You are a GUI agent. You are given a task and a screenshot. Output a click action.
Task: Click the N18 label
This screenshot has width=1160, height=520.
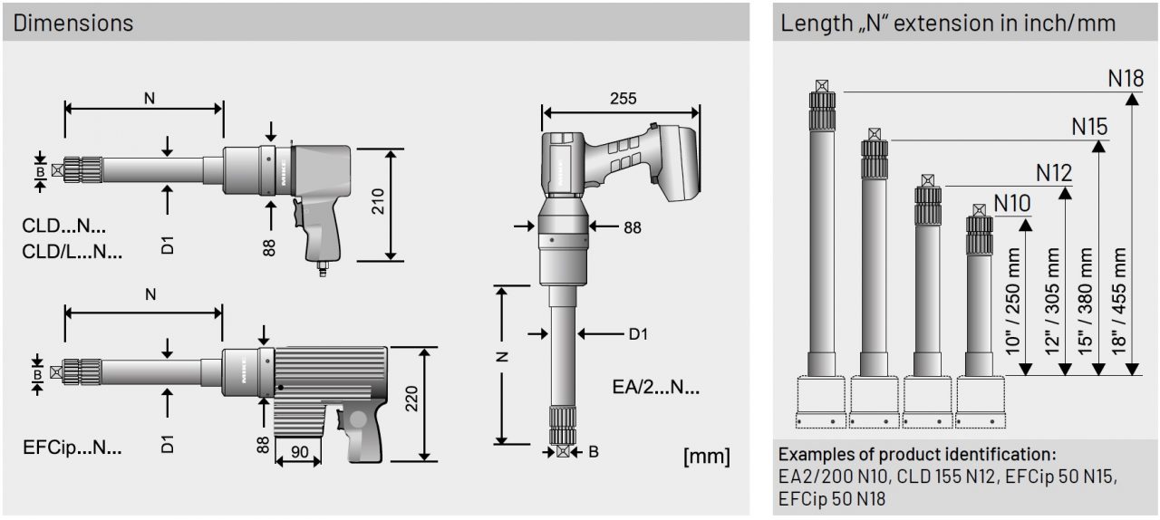pyautogui.click(x=1126, y=78)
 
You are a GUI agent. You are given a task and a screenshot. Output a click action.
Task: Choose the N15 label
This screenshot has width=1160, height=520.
pyautogui.click(x=1089, y=127)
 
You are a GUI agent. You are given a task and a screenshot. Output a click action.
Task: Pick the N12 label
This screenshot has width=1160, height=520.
pyautogui.click(x=1054, y=172)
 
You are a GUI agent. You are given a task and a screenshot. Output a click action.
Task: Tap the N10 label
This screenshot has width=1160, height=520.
pyautogui.click(x=1012, y=203)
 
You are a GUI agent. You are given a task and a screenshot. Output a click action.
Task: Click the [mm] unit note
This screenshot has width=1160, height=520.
pyautogui.click(x=707, y=456)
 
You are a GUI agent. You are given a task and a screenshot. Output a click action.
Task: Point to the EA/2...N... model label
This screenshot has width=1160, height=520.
pyautogui.click(x=655, y=389)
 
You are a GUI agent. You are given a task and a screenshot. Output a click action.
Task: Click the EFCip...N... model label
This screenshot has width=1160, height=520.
pyautogui.click(x=72, y=447)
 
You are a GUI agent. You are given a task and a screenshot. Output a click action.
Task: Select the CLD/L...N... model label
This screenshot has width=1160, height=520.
pyautogui.click(x=72, y=253)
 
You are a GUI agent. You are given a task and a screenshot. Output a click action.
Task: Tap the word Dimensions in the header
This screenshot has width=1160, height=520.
pyautogui.click(x=72, y=23)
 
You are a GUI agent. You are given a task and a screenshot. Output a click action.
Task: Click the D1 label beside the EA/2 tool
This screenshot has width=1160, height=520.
pyautogui.click(x=638, y=334)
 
